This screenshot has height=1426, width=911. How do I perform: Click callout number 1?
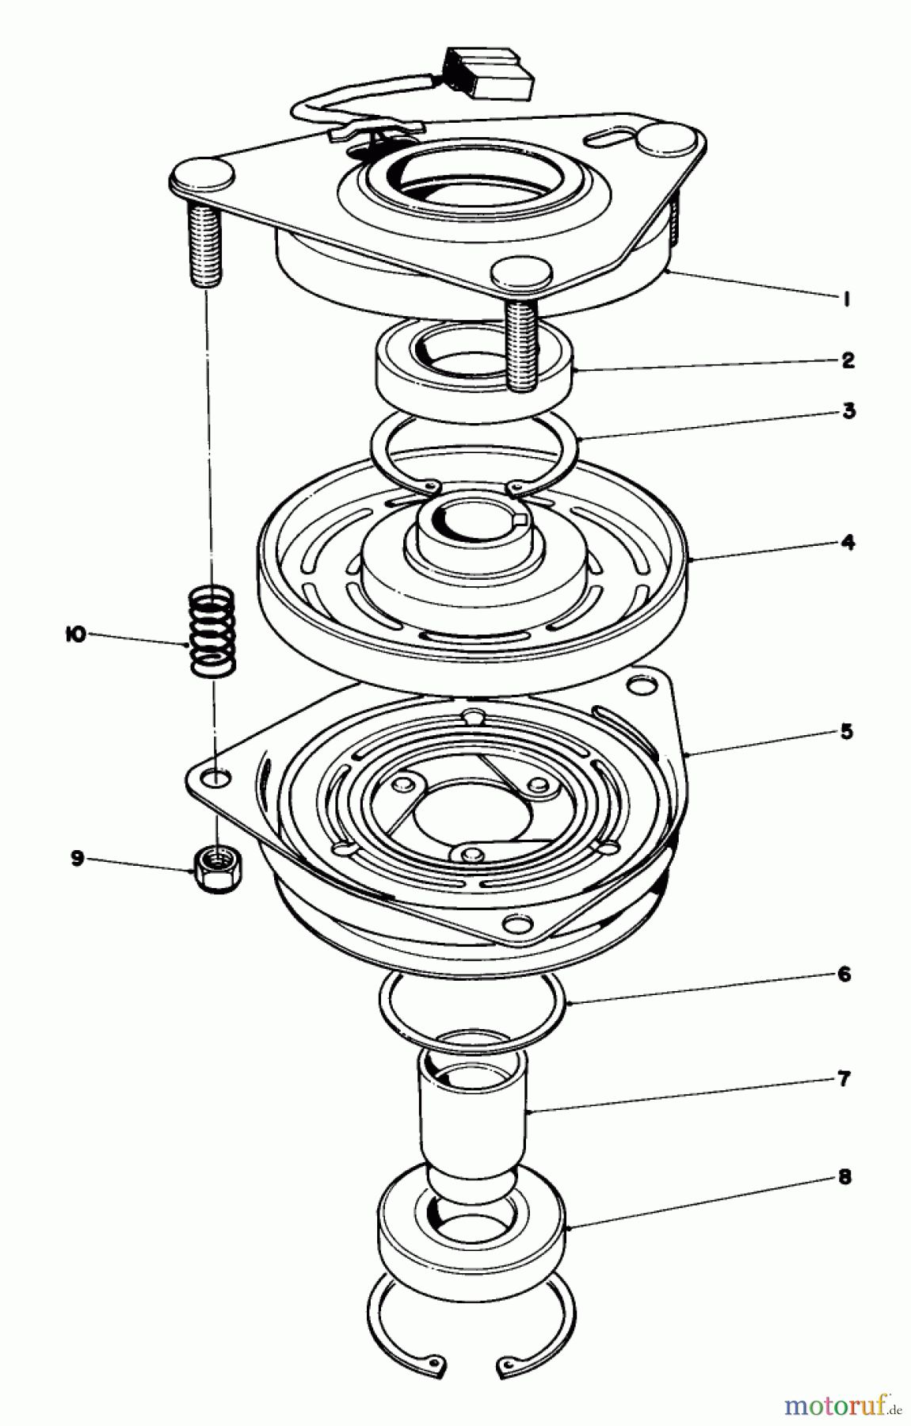(846, 299)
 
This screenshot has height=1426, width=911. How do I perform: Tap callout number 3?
(848, 411)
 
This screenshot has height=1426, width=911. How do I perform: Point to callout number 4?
(848, 543)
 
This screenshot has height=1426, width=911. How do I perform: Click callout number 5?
(846, 731)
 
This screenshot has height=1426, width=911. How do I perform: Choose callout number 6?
(844, 974)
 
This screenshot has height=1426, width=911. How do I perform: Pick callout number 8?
(844, 1177)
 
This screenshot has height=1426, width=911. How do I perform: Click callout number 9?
(78, 858)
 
